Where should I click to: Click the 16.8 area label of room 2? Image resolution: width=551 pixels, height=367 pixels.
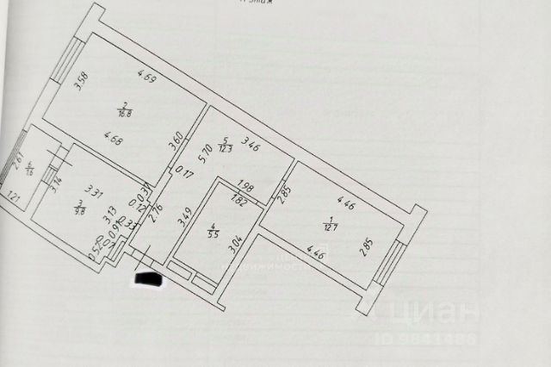pos(124,110)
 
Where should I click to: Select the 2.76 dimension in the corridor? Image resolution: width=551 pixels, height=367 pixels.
pos(158,212)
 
